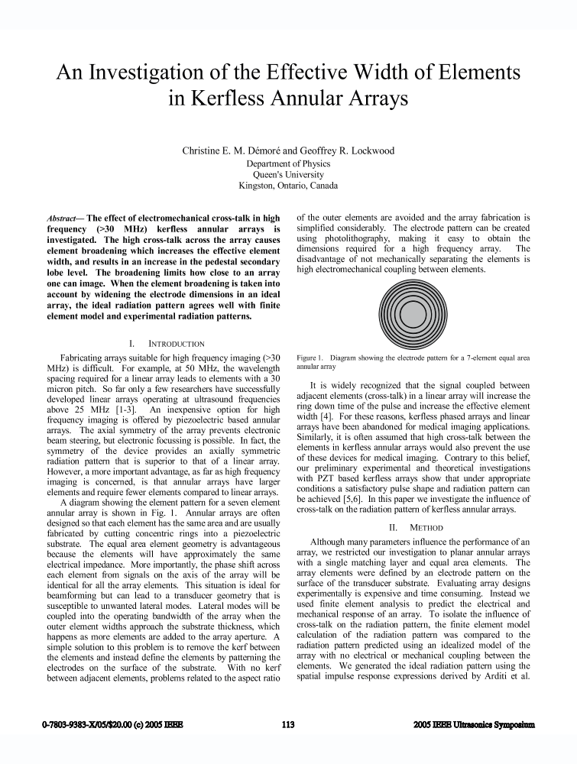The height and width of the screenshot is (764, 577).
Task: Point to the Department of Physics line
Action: (x=288, y=163)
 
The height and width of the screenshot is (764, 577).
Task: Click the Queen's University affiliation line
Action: (x=288, y=174)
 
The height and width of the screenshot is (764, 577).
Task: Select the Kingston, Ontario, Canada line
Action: (x=288, y=185)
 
